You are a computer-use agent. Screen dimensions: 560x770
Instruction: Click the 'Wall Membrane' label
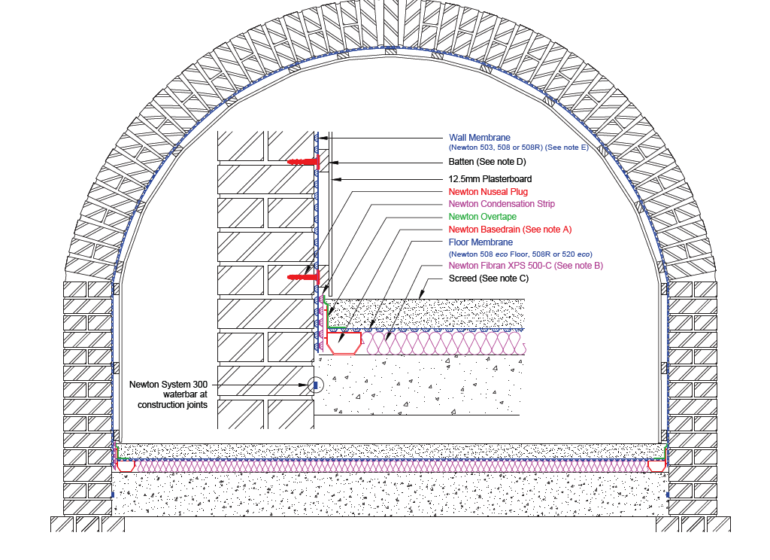(x=480, y=138)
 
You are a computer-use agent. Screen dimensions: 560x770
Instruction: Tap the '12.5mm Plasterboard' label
(x=490, y=179)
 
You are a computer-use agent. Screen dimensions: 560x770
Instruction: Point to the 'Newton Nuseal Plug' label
(x=488, y=192)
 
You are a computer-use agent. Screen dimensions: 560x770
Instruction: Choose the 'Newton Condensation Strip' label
(x=502, y=204)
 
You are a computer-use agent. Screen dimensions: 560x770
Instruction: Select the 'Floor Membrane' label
(x=480, y=242)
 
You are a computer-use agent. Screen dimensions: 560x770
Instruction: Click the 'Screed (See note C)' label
(x=489, y=278)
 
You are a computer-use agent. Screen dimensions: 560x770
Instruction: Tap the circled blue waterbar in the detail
(x=316, y=385)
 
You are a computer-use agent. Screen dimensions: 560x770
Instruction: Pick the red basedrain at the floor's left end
(x=126, y=467)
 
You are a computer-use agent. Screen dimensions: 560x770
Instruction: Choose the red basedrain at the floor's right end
(x=657, y=467)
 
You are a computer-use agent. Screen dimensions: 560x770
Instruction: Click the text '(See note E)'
(x=569, y=149)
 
